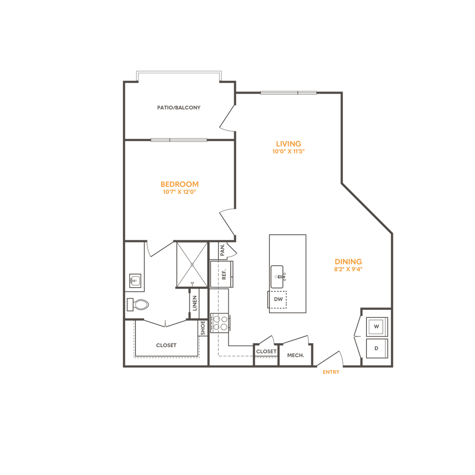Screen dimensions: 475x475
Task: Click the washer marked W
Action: point(376,326)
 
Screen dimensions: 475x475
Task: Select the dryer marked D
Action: point(376,347)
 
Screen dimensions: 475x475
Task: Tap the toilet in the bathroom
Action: point(138,305)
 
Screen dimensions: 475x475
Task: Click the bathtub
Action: point(166,342)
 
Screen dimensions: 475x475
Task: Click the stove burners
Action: point(222,322)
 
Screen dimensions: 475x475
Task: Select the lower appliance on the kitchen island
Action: point(278,299)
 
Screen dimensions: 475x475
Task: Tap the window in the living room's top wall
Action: point(288,93)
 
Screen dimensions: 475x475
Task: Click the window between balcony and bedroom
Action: point(179,139)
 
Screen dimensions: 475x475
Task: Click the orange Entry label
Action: point(331,372)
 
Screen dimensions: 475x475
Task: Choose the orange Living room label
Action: point(288,147)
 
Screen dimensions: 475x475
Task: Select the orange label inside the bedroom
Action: point(180,186)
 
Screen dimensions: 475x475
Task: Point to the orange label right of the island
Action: point(348,264)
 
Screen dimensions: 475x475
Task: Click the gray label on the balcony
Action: point(179,108)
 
